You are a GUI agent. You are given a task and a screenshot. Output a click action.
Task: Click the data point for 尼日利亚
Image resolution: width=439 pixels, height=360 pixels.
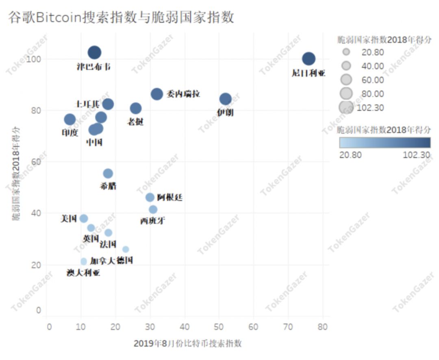(309, 59)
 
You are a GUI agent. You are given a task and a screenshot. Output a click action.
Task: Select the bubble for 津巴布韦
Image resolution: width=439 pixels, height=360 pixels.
(94, 52)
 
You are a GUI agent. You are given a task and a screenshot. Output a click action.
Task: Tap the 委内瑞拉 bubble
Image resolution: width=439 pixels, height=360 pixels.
(157, 94)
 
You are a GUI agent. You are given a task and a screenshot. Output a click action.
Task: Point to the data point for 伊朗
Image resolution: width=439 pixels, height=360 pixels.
(226, 99)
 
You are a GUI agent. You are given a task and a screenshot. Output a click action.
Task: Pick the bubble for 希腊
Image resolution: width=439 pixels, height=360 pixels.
(108, 173)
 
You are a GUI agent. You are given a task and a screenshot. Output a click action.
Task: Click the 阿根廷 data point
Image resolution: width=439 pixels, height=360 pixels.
(150, 197)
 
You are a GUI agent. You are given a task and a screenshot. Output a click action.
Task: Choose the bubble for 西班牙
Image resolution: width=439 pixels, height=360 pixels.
(153, 210)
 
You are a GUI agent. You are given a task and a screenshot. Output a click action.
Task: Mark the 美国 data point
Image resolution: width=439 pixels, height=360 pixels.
(84, 219)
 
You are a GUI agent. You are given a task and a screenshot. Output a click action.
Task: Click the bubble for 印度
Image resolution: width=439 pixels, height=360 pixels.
(70, 119)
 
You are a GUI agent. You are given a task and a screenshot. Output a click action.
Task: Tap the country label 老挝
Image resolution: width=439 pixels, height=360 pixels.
(135, 121)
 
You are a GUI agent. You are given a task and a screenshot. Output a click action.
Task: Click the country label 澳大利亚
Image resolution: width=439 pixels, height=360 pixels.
(83, 273)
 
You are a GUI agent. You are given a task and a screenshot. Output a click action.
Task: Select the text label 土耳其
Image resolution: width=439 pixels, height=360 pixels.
(88, 104)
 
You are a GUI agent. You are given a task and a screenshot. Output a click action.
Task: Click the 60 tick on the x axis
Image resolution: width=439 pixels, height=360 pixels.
(253, 326)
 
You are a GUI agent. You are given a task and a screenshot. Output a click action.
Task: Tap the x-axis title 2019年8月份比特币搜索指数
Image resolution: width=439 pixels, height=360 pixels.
(187, 343)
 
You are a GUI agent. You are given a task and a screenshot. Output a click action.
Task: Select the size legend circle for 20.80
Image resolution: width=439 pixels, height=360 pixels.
(346, 52)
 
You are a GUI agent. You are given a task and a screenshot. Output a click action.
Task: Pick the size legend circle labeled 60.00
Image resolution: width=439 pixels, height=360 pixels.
(346, 79)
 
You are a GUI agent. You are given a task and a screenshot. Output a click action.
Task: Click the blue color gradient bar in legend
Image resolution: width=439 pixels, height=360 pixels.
(385, 143)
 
